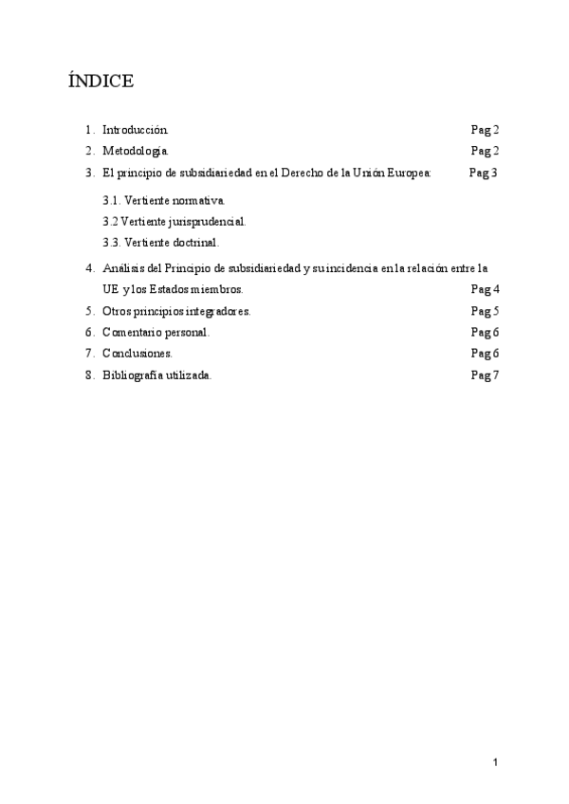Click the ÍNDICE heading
[101, 82]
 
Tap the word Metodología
[136, 151]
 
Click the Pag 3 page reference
[484, 173]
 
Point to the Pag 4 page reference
[486, 289]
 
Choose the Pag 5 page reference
[486, 311]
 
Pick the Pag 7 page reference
[486, 375]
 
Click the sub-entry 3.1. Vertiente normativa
[164, 201]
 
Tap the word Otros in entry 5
[116, 311]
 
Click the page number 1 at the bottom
[495, 761]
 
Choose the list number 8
[89, 375]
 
